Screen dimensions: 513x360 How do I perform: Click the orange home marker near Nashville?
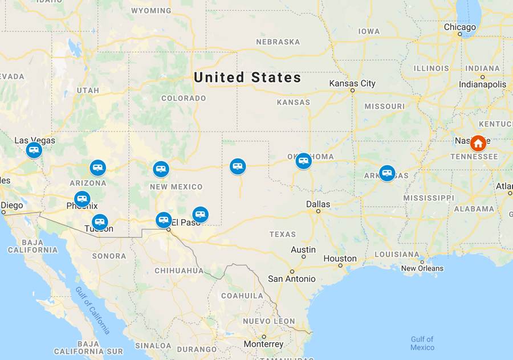[x=478, y=143]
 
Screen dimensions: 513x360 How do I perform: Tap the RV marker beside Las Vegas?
[x=34, y=150]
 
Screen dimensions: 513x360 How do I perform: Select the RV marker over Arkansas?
[x=387, y=173]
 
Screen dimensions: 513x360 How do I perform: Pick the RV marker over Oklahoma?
[x=304, y=161]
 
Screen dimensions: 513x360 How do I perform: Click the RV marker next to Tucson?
[x=100, y=222]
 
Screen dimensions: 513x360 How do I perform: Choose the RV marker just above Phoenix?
[x=82, y=199]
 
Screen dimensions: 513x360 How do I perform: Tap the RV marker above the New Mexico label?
[x=161, y=169]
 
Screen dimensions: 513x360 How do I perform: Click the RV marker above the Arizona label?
[x=97, y=167]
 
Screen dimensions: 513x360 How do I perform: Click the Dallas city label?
[x=317, y=204]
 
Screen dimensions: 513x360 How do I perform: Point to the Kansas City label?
[x=352, y=84]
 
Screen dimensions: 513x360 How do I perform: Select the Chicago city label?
[x=459, y=27]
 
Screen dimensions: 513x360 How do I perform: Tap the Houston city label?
[x=340, y=258]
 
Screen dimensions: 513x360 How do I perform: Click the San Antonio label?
[x=291, y=279]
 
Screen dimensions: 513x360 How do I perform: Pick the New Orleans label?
[x=422, y=268]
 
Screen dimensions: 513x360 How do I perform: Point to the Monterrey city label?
[x=263, y=344]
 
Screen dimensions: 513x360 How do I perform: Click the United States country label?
[x=247, y=77]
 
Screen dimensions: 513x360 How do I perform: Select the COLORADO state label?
[x=184, y=98]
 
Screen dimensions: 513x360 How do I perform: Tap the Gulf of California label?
[x=92, y=309]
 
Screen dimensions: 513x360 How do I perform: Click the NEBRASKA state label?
[x=278, y=42]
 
